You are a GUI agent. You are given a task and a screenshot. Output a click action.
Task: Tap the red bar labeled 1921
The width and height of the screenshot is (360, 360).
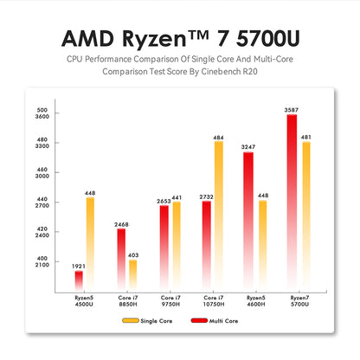pyautogui.click(x=79, y=281)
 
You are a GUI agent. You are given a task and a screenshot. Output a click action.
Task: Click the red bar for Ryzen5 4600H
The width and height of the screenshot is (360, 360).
pyautogui.click(x=248, y=222)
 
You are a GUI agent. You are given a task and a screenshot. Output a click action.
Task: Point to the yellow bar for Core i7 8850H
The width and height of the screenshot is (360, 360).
pyautogui.click(x=132, y=275)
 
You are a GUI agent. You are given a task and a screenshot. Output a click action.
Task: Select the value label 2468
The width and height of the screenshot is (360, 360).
pyautogui.click(x=121, y=224)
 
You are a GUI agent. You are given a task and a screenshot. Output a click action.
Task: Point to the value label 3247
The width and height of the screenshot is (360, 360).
pyautogui.click(x=248, y=147)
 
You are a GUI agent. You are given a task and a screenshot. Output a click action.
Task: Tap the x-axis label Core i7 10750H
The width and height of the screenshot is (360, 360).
pyautogui.click(x=212, y=301)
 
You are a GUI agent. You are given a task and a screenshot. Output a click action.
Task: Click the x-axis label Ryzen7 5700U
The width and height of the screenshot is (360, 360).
pyautogui.click(x=298, y=301)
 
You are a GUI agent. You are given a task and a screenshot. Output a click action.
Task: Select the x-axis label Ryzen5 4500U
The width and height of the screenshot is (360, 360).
pyautogui.click(x=84, y=301)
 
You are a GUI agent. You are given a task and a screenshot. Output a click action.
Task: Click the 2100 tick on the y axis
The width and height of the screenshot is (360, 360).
pyautogui.click(x=42, y=265)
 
